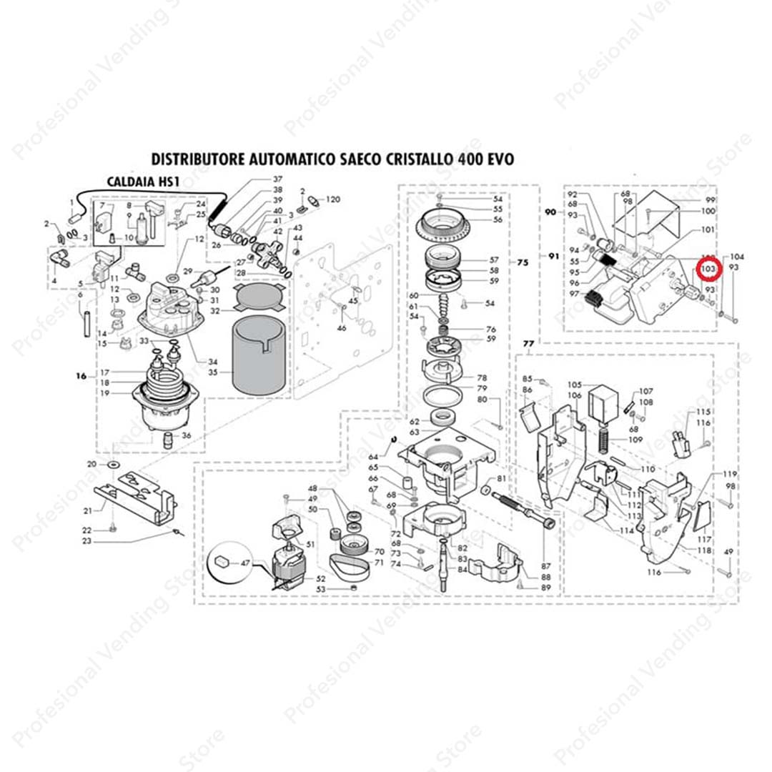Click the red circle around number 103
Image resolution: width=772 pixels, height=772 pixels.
pyautogui.click(x=708, y=267)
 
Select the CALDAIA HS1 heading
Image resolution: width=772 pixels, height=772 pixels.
pyautogui.click(x=142, y=182)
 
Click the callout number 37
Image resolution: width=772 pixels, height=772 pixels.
pyautogui.click(x=277, y=178)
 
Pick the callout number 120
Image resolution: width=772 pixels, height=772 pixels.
pyautogui.click(x=333, y=199)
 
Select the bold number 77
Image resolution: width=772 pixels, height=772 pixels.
pyautogui.click(x=528, y=344)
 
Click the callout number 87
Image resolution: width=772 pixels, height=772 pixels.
pyautogui.click(x=548, y=566)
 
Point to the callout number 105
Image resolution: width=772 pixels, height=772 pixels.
pyautogui.click(x=575, y=384)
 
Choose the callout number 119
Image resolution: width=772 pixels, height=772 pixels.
pyautogui.click(x=729, y=475)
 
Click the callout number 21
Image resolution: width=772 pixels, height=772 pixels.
pyautogui.click(x=88, y=510)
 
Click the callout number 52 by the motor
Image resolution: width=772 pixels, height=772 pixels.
pyautogui.click(x=321, y=578)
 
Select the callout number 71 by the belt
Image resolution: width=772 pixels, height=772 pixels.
pyautogui.click(x=379, y=563)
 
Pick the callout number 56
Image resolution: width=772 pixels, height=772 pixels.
pyautogui.click(x=498, y=219)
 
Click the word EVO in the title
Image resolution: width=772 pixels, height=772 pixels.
pyautogui.click(x=498, y=159)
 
